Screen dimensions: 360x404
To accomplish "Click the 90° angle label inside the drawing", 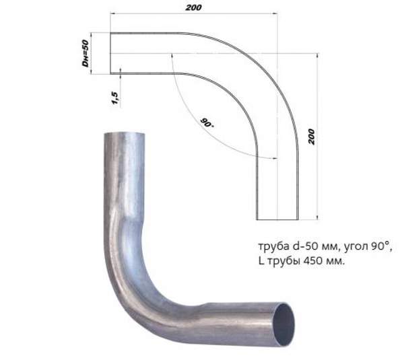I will point(207,123).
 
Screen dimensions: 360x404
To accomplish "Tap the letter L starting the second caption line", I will point(261,260).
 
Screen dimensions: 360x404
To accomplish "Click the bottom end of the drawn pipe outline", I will point(276,219).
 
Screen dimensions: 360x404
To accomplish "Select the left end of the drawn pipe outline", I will point(111,53).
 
